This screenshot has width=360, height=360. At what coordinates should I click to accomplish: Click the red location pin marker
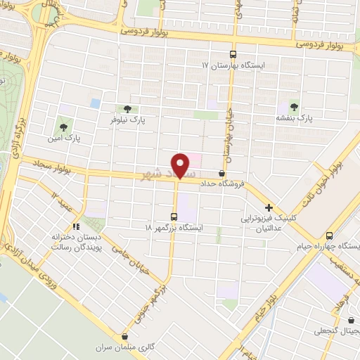(182, 166)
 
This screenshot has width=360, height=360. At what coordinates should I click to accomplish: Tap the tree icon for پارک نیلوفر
(127, 109)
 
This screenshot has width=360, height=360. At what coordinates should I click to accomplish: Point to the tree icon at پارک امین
(64, 127)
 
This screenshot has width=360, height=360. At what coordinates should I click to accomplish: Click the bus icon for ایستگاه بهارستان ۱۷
(233, 54)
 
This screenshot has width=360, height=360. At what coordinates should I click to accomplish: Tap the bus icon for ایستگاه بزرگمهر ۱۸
(174, 217)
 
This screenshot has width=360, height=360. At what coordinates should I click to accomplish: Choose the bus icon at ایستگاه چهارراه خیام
(330, 236)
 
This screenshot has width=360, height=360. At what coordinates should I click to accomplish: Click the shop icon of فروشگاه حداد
(223, 173)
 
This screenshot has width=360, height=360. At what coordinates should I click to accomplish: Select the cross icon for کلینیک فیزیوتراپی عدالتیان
(269, 207)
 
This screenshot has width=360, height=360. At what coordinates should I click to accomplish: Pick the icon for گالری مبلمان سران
(125, 337)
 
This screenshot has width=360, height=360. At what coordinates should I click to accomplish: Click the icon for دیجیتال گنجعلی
(349, 319)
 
